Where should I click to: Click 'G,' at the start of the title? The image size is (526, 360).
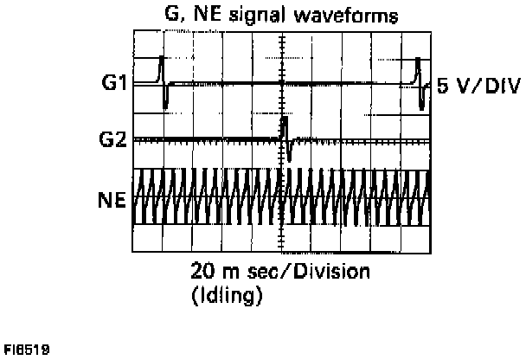point(175,16)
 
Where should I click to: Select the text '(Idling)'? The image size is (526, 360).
point(227,295)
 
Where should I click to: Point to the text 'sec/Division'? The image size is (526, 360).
point(304,272)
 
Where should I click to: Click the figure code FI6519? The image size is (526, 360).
point(26,350)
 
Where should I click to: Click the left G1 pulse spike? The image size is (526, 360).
point(164,83)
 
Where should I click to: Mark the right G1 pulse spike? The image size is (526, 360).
point(420,83)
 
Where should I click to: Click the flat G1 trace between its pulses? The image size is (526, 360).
point(285,84)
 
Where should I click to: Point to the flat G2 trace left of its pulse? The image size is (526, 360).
point(208,139)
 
